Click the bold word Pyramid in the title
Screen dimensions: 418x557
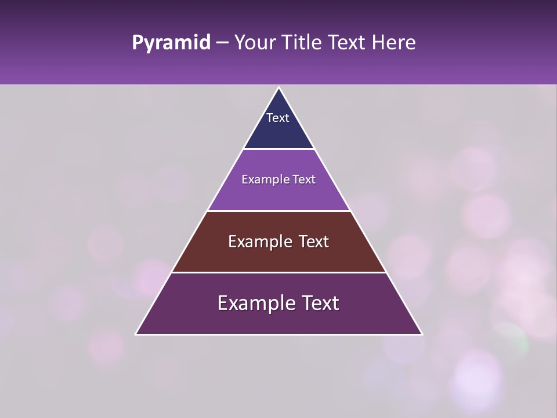point(171,43)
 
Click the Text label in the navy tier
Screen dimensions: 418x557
point(278,118)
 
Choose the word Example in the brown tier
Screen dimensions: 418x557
point(259,242)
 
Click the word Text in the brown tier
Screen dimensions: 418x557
point(313,242)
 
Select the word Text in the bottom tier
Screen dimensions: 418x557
point(319,303)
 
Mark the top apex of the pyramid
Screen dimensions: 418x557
point(278,88)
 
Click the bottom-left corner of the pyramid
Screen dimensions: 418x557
point(136,334)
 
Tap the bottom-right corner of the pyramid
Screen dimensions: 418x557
point(422,334)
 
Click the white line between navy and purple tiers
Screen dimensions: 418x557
point(278,149)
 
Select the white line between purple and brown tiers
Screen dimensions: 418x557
point(278,211)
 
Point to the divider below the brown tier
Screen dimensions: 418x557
point(278,272)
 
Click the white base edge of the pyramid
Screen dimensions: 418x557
point(278,334)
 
